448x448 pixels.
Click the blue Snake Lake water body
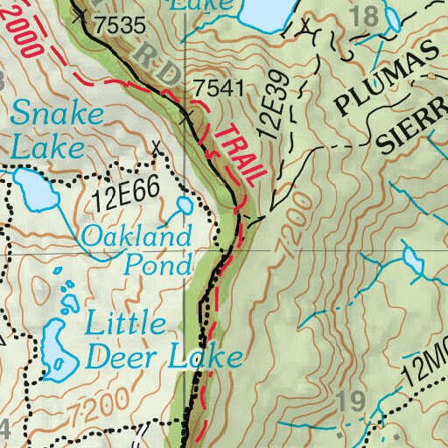32,187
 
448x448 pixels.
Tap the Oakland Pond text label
136,249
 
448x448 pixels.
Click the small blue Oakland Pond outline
185,206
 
